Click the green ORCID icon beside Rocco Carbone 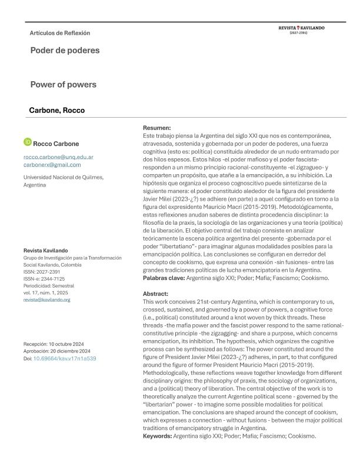pyautogui.click(x=27, y=142)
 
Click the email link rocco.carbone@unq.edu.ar pyautogui.click(x=58, y=158)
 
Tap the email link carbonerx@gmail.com pyautogui.click(x=52, y=165)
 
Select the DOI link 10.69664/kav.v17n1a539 pyautogui.click(x=65, y=358)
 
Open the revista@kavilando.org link pyautogui.click(x=46, y=299)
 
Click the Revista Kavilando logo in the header pyautogui.click(x=302, y=28)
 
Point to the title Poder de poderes pyautogui.click(x=65, y=50)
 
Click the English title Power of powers pyautogui.click(x=63, y=84)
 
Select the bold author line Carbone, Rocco pyautogui.click(x=56, y=110)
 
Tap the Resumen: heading pyautogui.click(x=157, y=128)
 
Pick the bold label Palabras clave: pyautogui.click(x=164, y=278)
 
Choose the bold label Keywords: pyautogui.click(x=158, y=436)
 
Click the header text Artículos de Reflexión pyautogui.click(x=59, y=33)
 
